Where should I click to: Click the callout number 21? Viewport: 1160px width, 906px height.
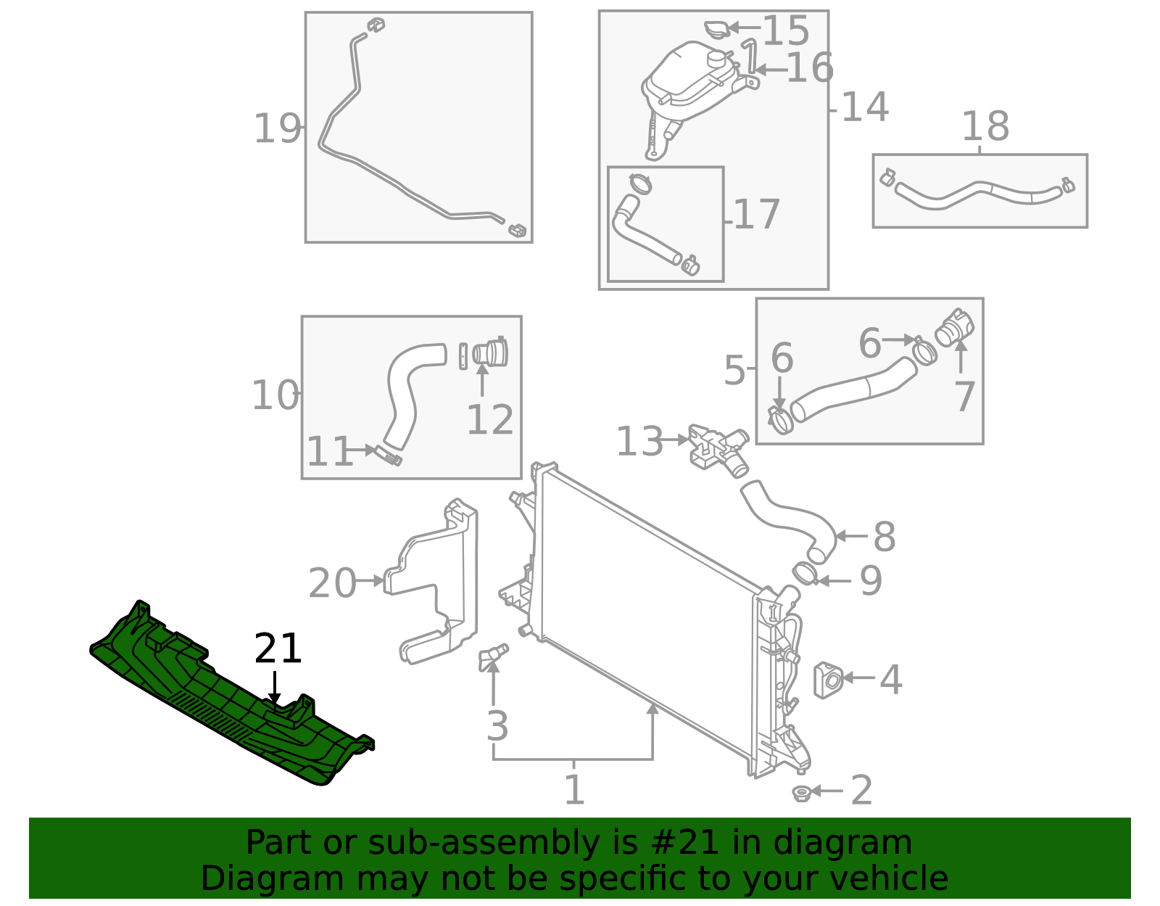pyautogui.click(x=278, y=649)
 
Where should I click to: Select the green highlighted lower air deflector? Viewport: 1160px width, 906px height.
pyautogui.click(x=217, y=696)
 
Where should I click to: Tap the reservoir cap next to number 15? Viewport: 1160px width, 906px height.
pyautogui.click(x=717, y=30)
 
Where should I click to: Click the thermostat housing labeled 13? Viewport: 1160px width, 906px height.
pyautogui.click(x=718, y=446)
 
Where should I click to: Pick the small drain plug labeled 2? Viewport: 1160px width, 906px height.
pyautogui.click(x=801, y=793)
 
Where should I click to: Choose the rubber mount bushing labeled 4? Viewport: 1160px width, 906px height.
pyautogui.click(x=828, y=680)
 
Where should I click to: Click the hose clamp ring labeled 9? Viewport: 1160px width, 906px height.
pyautogui.click(x=805, y=574)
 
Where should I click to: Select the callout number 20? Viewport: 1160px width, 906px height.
pyautogui.click(x=332, y=583)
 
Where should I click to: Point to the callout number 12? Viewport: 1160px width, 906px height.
pyautogui.click(x=490, y=420)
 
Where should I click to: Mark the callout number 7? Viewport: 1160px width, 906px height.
pyautogui.click(x=964, y=397)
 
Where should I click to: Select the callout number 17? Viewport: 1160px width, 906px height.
pyautogui.click(x=757, y=215)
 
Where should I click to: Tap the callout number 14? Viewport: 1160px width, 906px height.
pyautogui.click(x=865, y=107)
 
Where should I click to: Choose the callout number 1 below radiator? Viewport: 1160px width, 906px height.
pyautogui.click(x=574, y=790)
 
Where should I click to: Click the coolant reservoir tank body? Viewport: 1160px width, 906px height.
pyautogui.click(x=685, y=80)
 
